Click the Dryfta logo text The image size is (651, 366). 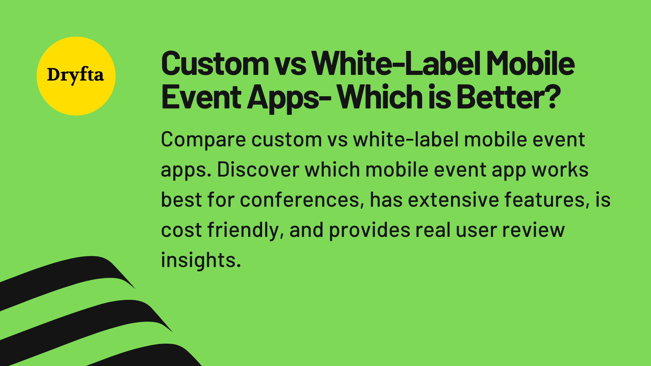tap(75, 75)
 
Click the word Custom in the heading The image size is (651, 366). tap(215, 64)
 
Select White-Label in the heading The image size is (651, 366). tap(396, 64)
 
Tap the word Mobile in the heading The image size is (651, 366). tap(531, 64)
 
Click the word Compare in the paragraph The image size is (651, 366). tap(203, 140)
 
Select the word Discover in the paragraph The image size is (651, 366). tap(258, 169)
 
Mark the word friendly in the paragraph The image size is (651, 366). tap(245, 230)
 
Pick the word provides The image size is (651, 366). tap(370, 230)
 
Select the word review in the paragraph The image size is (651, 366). tap(533, 230)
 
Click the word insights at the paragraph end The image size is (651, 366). tap(201, 260)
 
